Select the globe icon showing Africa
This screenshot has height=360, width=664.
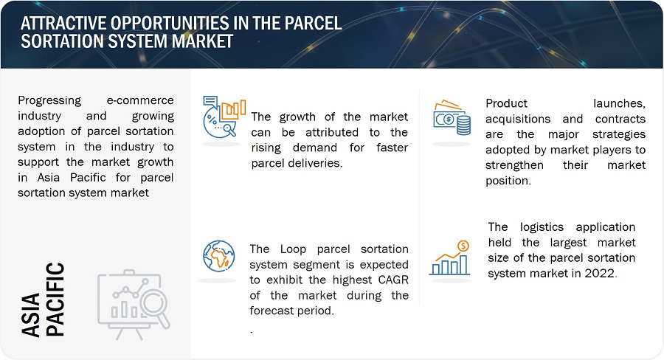pyautogui.click(x=218, y=256)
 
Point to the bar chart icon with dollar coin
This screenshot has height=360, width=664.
pyautogui.click(x=450, y=258)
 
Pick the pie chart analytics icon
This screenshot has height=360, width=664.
pyautogui.click(x=224, y=117)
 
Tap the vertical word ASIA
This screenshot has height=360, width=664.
pyautogui.click(x=31, y=316)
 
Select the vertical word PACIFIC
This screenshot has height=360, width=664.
pyautogui.click(x=55, y=300)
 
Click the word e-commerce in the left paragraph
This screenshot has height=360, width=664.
pyautogui.click(x=140, y=100)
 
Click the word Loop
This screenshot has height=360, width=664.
pyautogui.click(x=293, y=249)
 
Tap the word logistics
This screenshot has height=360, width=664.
pyautogui.click(x=542, y=227)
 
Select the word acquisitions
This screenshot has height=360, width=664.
pyautogui.click(x=518, y=120)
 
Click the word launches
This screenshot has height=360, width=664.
pyautogui.click(x=619, y=104)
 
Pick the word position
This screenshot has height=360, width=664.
pyautogui.click(x=508, y=181)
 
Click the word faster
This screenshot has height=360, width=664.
pyautogui.click(x=392, y=148)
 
